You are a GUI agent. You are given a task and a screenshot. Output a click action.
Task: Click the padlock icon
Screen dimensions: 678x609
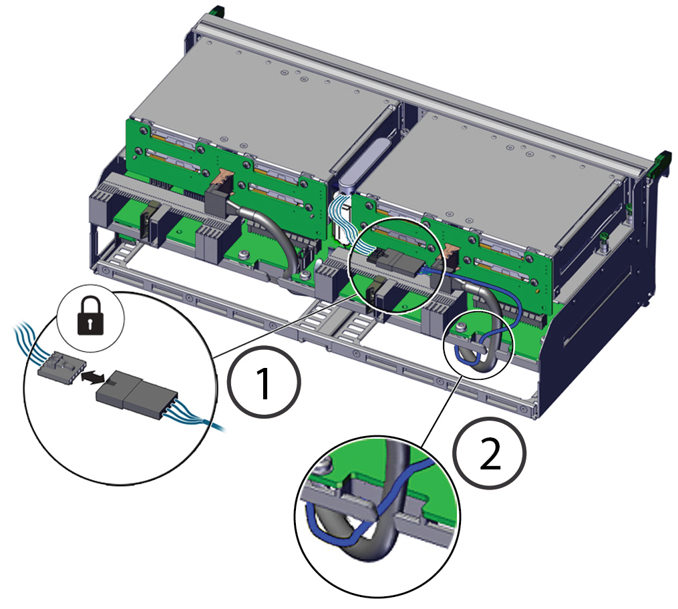[91, 316]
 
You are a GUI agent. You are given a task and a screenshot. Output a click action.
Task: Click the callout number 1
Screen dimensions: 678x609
[265, 382]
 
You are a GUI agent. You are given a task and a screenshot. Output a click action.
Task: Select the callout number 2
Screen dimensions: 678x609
[490, 452]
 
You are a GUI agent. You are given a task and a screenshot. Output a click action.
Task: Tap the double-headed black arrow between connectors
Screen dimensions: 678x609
[94, 377]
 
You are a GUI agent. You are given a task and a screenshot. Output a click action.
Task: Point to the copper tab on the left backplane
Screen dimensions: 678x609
[225, 177]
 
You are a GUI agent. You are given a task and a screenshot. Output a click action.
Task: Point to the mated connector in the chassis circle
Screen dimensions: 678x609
[394, 261]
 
